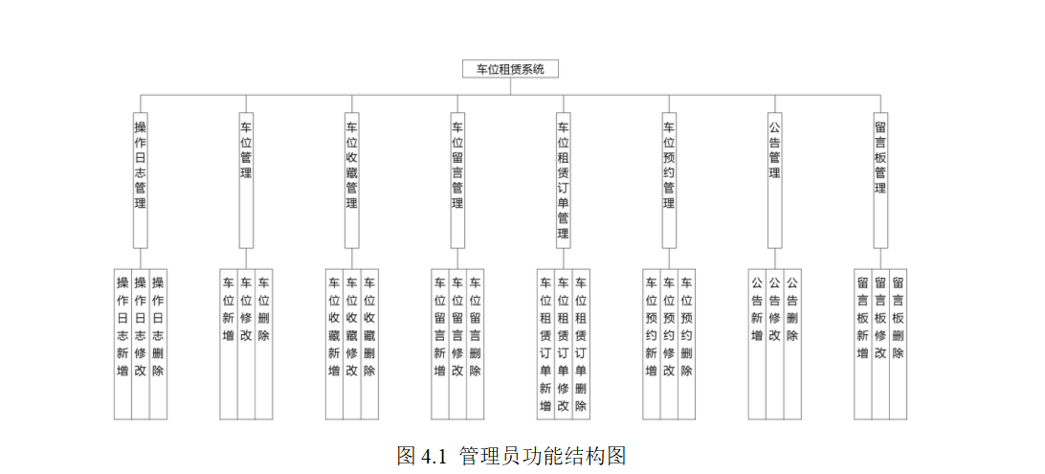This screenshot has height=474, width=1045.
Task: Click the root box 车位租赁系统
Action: (510, 69)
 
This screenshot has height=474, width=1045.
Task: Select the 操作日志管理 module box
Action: (140, 181)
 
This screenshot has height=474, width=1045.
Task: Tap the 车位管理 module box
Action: (246, 181)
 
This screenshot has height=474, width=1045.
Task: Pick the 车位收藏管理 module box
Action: (352, 181)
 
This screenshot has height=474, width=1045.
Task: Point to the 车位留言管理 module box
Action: (457, 181)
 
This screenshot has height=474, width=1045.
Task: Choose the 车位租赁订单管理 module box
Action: (563, 181)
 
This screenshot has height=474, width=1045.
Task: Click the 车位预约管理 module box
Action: (669, 181)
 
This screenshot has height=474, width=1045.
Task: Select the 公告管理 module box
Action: (775, 181)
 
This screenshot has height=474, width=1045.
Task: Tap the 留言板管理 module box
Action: (880, 181)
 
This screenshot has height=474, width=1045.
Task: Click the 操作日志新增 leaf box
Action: (122, 344)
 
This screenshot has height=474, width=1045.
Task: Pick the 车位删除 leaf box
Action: (264, 344)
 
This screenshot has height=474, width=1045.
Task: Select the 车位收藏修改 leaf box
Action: (352, 344)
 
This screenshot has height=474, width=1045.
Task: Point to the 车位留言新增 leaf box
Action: (440, 344)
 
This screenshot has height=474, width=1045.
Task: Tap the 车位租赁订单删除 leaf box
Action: (581, 344)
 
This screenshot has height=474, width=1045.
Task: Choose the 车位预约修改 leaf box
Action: (669, 344)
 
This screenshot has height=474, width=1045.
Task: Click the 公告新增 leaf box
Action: (757, 344)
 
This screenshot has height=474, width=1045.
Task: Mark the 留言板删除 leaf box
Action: (899, 344)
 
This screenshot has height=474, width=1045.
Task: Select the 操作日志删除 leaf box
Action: (158, 344)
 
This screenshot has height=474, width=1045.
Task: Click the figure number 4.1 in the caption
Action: (433, 456)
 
